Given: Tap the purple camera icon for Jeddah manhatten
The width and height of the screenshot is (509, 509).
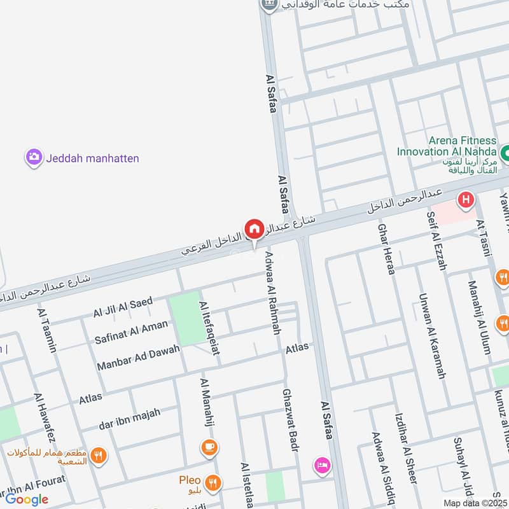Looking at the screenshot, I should coord(34,157).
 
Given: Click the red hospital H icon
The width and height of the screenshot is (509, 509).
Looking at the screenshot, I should coord(466,200).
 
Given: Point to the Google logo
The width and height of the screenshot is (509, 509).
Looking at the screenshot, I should coord(27,499).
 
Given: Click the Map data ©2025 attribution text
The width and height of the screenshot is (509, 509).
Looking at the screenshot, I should coord(476,503).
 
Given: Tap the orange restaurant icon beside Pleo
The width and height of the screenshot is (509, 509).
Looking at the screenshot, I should coord(214,482).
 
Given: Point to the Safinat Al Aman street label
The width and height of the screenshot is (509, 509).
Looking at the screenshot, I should coord(131,330).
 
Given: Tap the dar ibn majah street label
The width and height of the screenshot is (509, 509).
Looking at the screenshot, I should coord(129,419).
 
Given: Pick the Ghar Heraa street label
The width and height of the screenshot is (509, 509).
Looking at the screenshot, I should coord(387,249).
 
